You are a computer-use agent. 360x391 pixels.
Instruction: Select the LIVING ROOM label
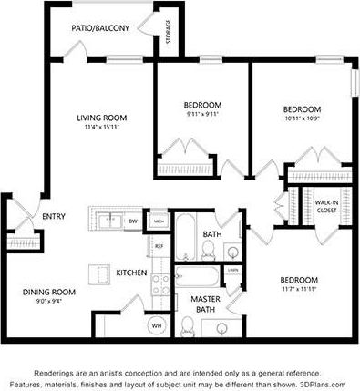[100, 117]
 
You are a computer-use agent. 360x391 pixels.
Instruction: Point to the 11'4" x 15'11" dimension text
[100, 127]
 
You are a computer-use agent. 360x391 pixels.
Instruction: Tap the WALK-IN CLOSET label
[325, 206]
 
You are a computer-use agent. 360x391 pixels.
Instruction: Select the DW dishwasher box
[133, 221]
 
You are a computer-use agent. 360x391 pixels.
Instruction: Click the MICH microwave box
[159, 221]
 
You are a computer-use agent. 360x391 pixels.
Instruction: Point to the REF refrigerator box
[158, 246]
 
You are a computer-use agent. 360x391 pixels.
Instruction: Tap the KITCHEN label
[132, 273]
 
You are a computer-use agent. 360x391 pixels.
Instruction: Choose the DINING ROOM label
[47, 293]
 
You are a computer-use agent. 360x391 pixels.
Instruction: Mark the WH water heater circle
[156, 325]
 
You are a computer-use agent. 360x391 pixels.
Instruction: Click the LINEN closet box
[233, 271]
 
